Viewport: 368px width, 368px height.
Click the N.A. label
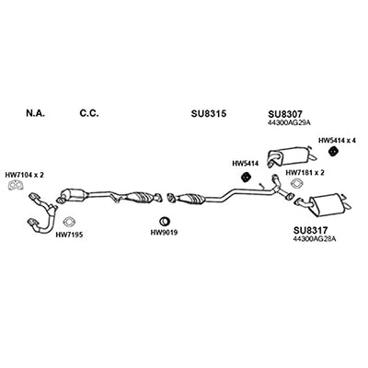(x=36, y=113)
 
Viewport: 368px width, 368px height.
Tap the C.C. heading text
(x=89, y=113)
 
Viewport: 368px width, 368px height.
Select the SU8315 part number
(x=209, y=114)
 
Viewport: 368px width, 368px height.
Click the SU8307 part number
(x=286, y=114)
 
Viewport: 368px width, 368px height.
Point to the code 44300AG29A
(x=285, y=122)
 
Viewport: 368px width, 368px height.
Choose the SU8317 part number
(x=311, y=230)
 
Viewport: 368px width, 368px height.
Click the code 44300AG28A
(x=314, y=238)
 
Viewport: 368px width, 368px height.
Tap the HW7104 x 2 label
(x=25, y=175)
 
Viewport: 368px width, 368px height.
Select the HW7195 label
(x=69, y=235)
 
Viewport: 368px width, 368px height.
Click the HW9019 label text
(x=164, y=233)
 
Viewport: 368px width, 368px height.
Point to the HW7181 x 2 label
(x=305, y=173)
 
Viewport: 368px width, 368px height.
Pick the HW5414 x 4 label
(x=337, y=141)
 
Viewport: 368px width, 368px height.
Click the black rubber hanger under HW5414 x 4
(x=332, y=152)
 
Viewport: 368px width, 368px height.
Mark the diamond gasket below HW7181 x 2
(x=297, y=183)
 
